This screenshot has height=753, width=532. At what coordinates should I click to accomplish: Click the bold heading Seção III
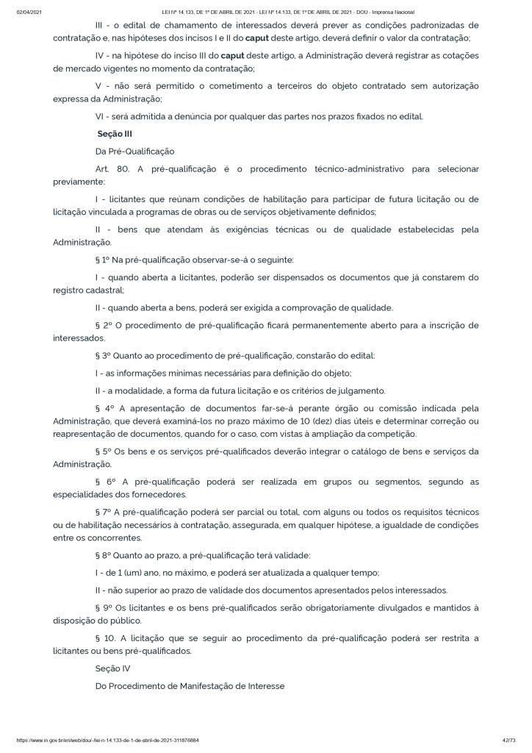pos(115,135)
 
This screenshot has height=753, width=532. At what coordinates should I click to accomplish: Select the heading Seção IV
pos(112,668)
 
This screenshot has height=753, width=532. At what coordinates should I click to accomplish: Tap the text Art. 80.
pos(112,169)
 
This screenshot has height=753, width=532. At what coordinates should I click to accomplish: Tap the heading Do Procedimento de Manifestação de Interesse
pos(190,686)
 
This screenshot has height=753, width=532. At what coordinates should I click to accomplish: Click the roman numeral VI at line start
pos(101,117)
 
